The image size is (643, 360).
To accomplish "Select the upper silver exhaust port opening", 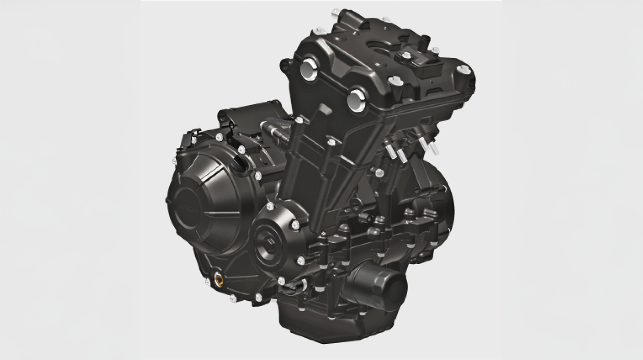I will coord(309,69).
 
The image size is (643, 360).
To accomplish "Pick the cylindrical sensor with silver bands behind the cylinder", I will coord(275,130).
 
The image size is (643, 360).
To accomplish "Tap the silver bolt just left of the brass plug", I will coord(207,281).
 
